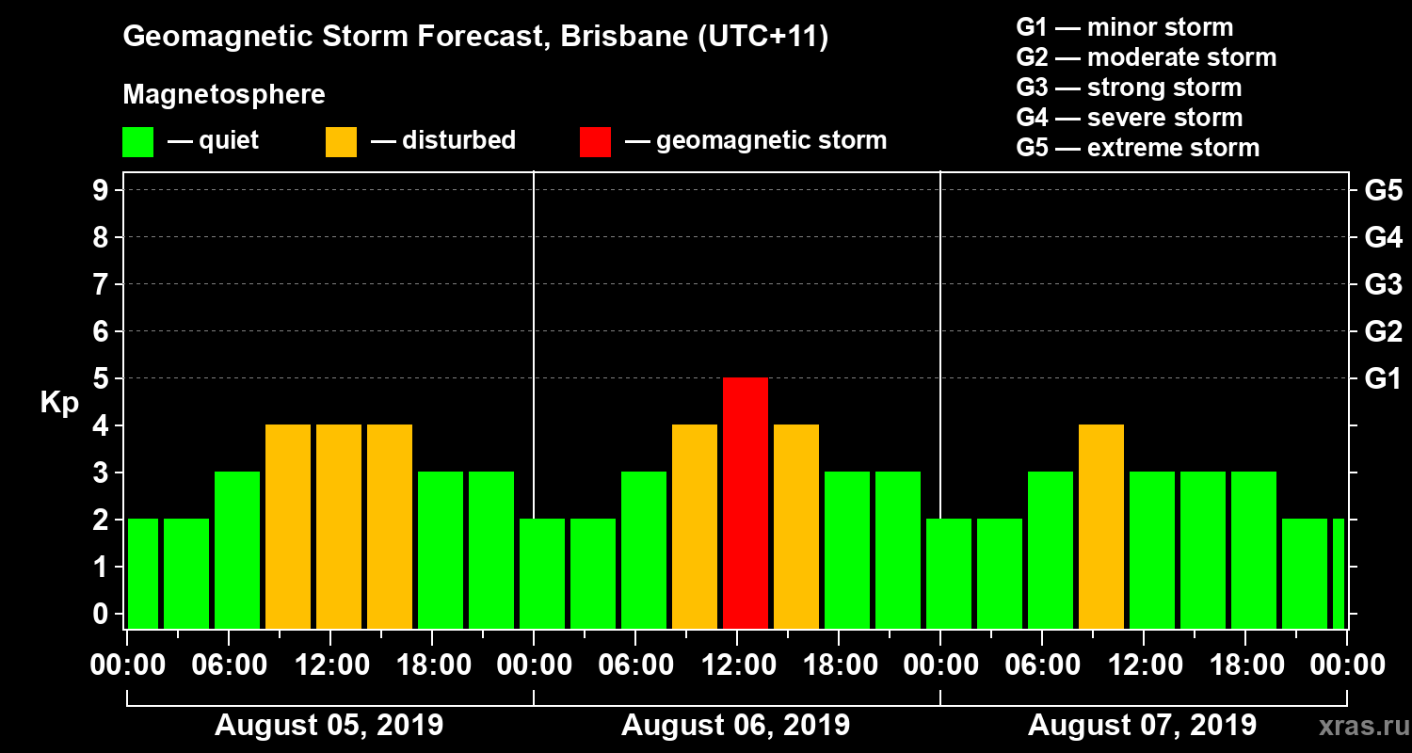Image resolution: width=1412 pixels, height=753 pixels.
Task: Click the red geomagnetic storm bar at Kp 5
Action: coord(746,503)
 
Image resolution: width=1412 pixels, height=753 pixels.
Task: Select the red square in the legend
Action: coord(595,141)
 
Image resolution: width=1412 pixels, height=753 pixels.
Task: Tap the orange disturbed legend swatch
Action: coord(341,141)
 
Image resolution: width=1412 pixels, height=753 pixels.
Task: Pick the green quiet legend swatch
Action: coord(137,141)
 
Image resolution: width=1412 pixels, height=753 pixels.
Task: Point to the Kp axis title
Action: coord(59,402)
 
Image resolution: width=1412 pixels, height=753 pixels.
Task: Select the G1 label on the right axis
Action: coord(1383,379)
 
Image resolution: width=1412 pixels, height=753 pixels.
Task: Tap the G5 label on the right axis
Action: coord(1383,191)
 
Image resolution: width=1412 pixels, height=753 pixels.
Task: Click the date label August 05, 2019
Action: coord(329,726)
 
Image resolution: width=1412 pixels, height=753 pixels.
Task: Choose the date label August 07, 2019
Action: coord(1142,726)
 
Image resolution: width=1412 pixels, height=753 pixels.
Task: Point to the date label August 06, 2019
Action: coord(735,726)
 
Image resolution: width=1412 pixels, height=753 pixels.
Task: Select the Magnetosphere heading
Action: coord(224,95)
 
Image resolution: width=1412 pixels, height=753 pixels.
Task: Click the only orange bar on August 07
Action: coord(1101,526)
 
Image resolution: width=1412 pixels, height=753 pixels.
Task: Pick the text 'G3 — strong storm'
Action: coord(1129,88)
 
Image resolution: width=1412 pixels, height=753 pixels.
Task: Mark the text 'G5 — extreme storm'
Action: coord(1137,148)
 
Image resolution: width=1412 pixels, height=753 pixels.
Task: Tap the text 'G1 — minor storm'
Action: coord(1124,27)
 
